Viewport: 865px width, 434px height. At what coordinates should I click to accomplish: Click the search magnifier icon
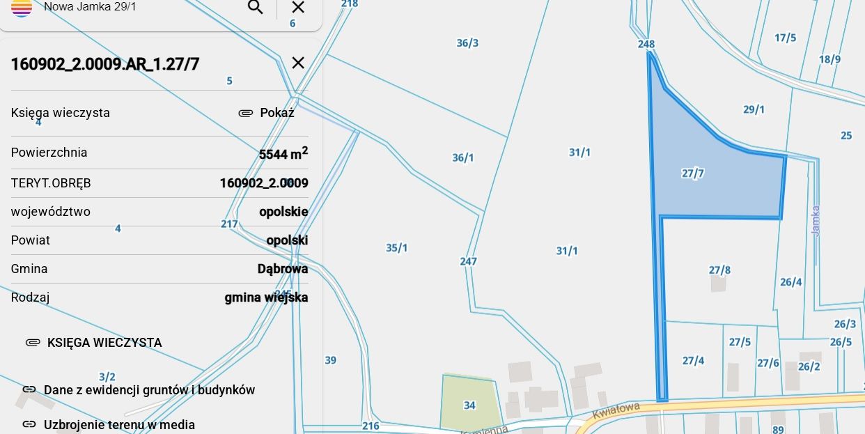pos(256,8)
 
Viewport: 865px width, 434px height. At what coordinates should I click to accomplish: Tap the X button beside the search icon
pos(298,8)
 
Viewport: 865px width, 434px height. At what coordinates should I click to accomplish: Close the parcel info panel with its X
pos(298,63)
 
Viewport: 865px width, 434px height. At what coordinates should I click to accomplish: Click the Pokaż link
pos(276,113)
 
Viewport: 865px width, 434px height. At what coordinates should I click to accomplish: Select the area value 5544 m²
pos(283,154)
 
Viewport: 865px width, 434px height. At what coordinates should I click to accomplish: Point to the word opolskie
pos(283,212)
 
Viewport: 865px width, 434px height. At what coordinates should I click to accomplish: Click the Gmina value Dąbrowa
pos(283,269)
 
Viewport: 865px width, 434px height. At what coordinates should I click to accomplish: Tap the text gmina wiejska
pos(266,297)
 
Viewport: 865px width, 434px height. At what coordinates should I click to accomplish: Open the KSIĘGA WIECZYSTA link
pos(104,343)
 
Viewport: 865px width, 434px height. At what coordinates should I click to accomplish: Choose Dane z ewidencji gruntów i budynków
pos(149,390)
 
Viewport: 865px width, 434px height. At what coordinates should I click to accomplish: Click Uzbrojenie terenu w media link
pos(119,424)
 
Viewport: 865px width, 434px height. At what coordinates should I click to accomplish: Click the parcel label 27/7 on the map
pos(692,173)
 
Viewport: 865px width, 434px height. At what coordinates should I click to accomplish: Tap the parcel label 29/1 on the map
pos(754,109)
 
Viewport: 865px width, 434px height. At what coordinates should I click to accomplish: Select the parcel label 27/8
pos(719,270)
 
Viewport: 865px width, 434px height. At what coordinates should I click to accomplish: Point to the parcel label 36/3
pos(467,43)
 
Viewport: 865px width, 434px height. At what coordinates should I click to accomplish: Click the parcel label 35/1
pos(397,248)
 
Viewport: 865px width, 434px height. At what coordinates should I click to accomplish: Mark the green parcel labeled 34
pos(469,405)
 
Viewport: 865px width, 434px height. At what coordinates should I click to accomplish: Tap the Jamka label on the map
pos(816,220)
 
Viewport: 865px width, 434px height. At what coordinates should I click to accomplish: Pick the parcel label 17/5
pos(785,38)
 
